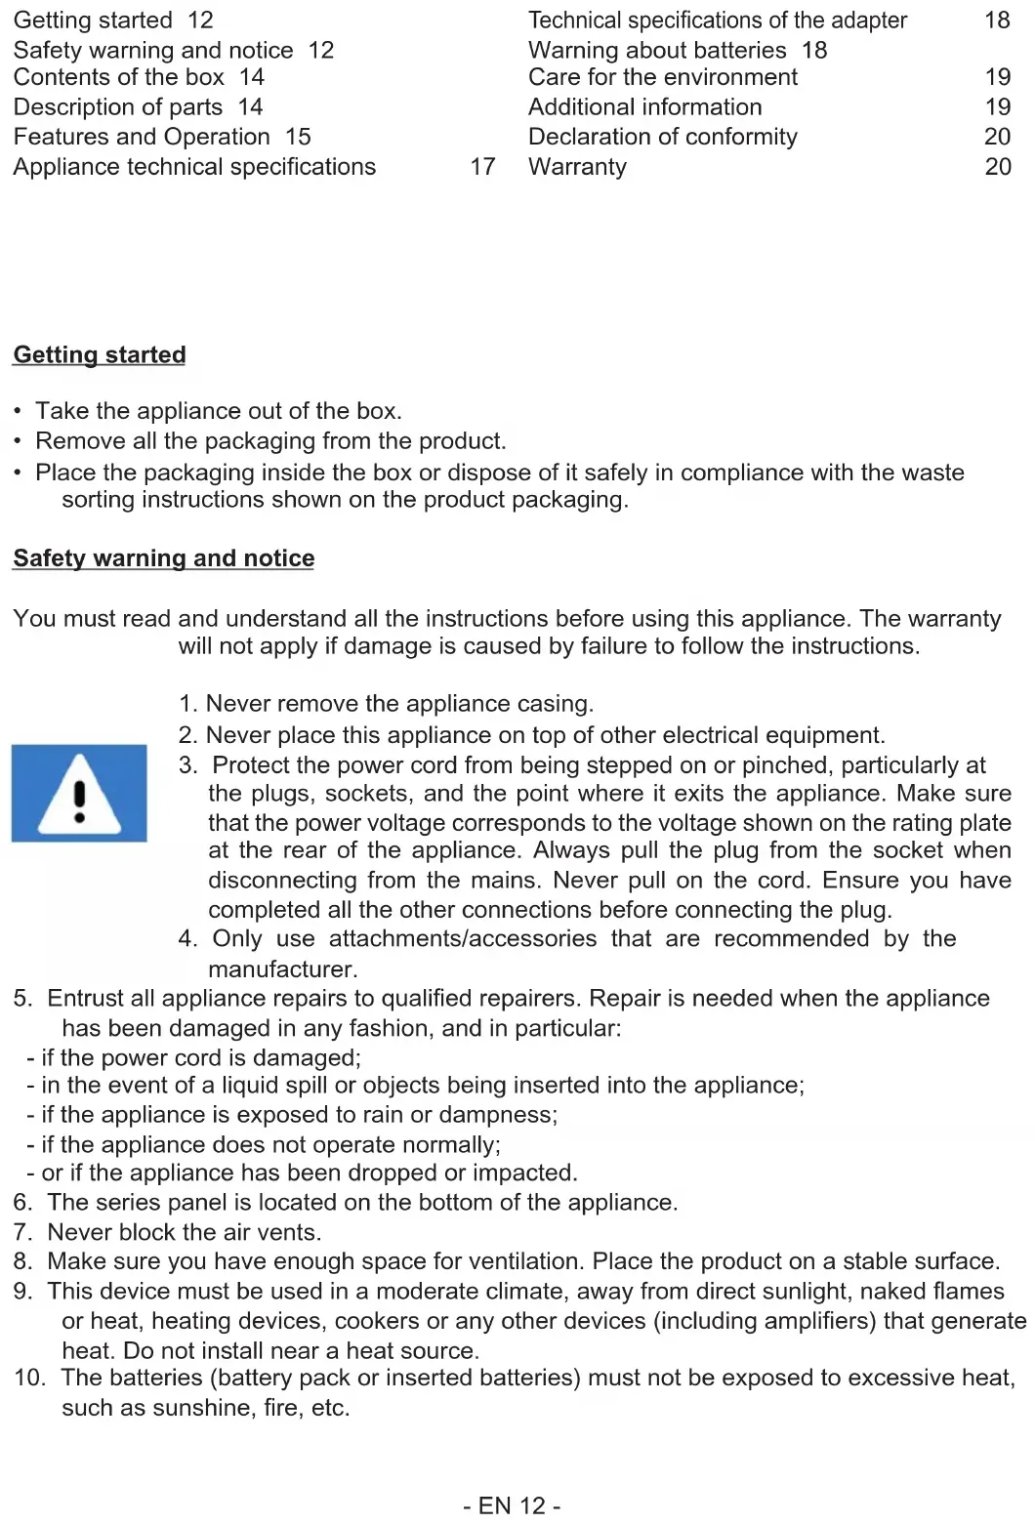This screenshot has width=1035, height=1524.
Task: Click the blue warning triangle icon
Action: [x=79, y=793]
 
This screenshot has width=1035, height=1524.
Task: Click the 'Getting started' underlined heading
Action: [x=99, y=354]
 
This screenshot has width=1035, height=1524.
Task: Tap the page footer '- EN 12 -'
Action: [x=512, y=1505]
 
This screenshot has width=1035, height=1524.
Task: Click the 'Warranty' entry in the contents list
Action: [x=577, y=167]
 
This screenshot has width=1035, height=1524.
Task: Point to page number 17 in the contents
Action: [x=482, y=167]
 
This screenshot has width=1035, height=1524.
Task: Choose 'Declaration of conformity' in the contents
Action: [x=662, y=137]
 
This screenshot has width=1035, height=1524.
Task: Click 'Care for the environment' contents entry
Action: [x=662, y=77]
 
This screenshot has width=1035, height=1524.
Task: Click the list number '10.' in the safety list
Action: [x=28, y=1378]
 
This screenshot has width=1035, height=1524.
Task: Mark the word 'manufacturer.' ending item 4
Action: [x=282, y=968]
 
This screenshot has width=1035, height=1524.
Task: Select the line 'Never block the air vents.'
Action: [x=184, y=1232]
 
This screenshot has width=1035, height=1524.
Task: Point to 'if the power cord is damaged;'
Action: [x=200, y=1057]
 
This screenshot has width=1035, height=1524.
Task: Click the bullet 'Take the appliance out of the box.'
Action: [x=218, y=411]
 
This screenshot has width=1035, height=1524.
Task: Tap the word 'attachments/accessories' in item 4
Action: [x=462, y=938]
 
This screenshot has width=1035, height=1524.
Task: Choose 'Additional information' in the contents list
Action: [x=644, y=107]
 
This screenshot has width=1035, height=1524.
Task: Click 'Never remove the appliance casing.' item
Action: [x=398, y=704]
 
